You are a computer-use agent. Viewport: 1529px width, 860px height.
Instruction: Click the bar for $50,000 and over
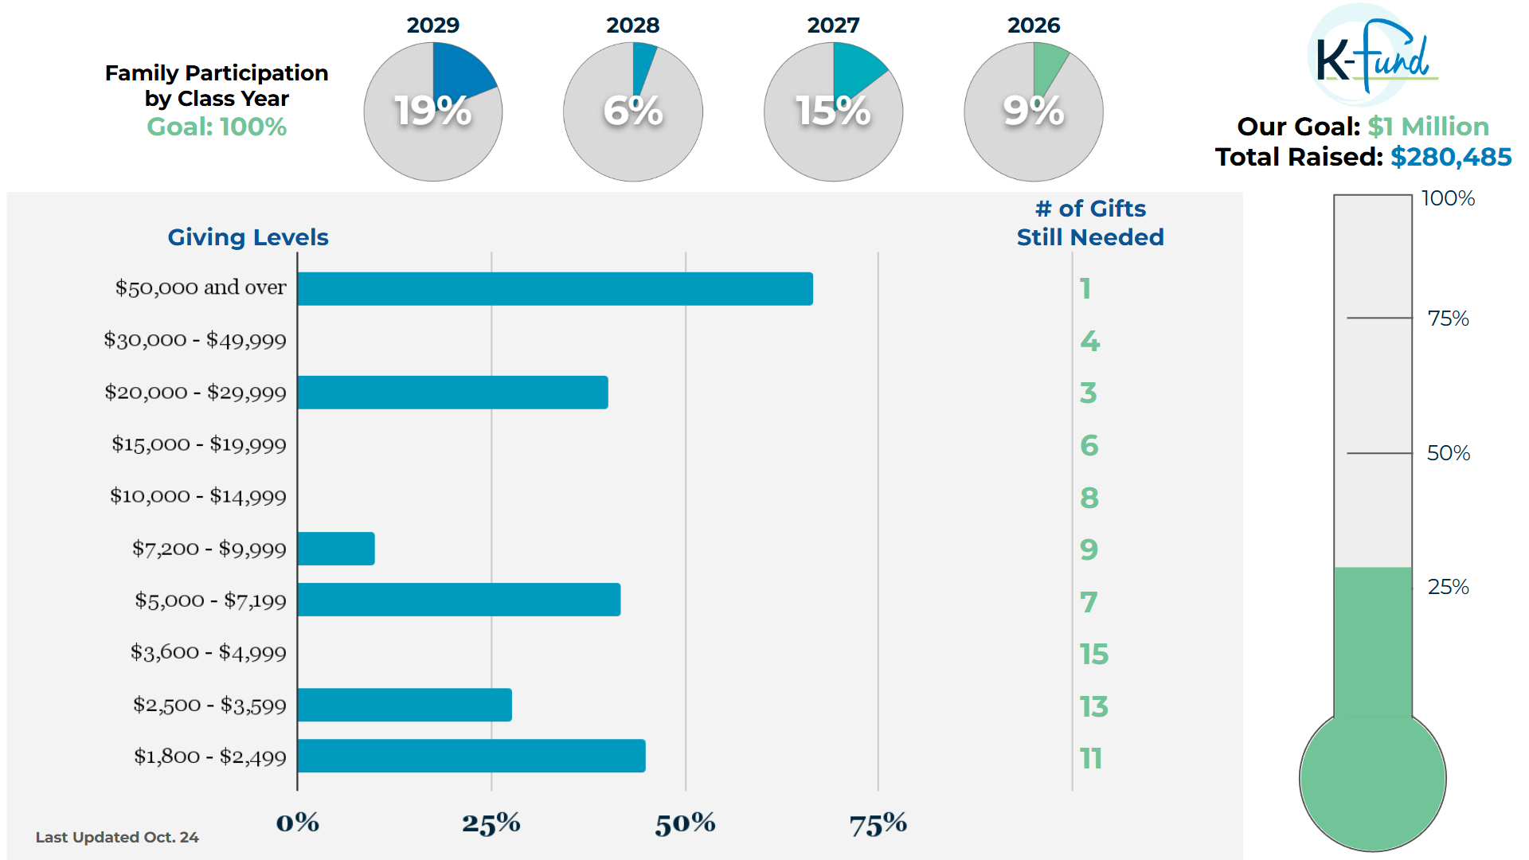[x=555, y=289]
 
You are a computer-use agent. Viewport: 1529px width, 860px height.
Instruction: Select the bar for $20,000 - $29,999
[x=452, y=393]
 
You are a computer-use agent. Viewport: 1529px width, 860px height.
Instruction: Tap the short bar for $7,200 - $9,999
[x=336, y=549]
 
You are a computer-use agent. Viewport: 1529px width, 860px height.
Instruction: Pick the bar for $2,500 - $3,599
[x=405, y=705]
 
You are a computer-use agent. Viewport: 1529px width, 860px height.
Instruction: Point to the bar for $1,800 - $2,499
[x=471, y=756]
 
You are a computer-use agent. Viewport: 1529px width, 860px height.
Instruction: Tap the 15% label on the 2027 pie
[x=833, y=111]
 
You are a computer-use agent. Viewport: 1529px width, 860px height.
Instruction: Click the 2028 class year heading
[x=633, y=25]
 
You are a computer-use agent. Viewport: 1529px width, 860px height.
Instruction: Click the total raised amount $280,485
[x=1451, y=157]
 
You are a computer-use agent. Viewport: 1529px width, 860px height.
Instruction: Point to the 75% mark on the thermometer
[x=1448, y=319]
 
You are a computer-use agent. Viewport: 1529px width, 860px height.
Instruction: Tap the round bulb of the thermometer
[x=1372, y=780]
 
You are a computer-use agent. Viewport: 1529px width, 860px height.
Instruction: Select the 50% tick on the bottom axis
[x=685, y=823]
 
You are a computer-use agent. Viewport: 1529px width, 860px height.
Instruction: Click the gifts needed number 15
[x=1094, y=655]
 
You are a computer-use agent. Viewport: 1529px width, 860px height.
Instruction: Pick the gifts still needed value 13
[x=1094, y=706]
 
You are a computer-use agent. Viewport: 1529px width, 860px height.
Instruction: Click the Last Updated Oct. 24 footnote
[x=117, y=837]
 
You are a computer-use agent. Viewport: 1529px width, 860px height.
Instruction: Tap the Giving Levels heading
[x=248, y=237]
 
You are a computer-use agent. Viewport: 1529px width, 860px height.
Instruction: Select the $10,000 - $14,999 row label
[x=198, y=496]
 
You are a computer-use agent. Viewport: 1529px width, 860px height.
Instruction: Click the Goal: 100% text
[x=217, y=127]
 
